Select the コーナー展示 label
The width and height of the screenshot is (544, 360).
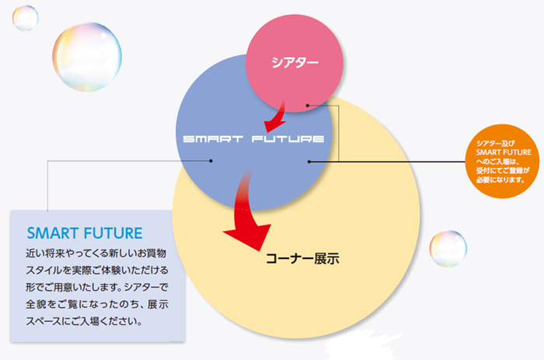click(x=302, y=257)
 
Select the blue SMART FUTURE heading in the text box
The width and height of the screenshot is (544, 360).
click(x=85, y=232)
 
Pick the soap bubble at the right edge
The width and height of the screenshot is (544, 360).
click(x=448, y=247)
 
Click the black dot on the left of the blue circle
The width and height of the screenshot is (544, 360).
click(x=211, y=161)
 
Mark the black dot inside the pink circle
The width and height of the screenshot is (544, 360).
click(x=308, y=106)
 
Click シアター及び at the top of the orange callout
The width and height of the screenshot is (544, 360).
click(x=495, y=142)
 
